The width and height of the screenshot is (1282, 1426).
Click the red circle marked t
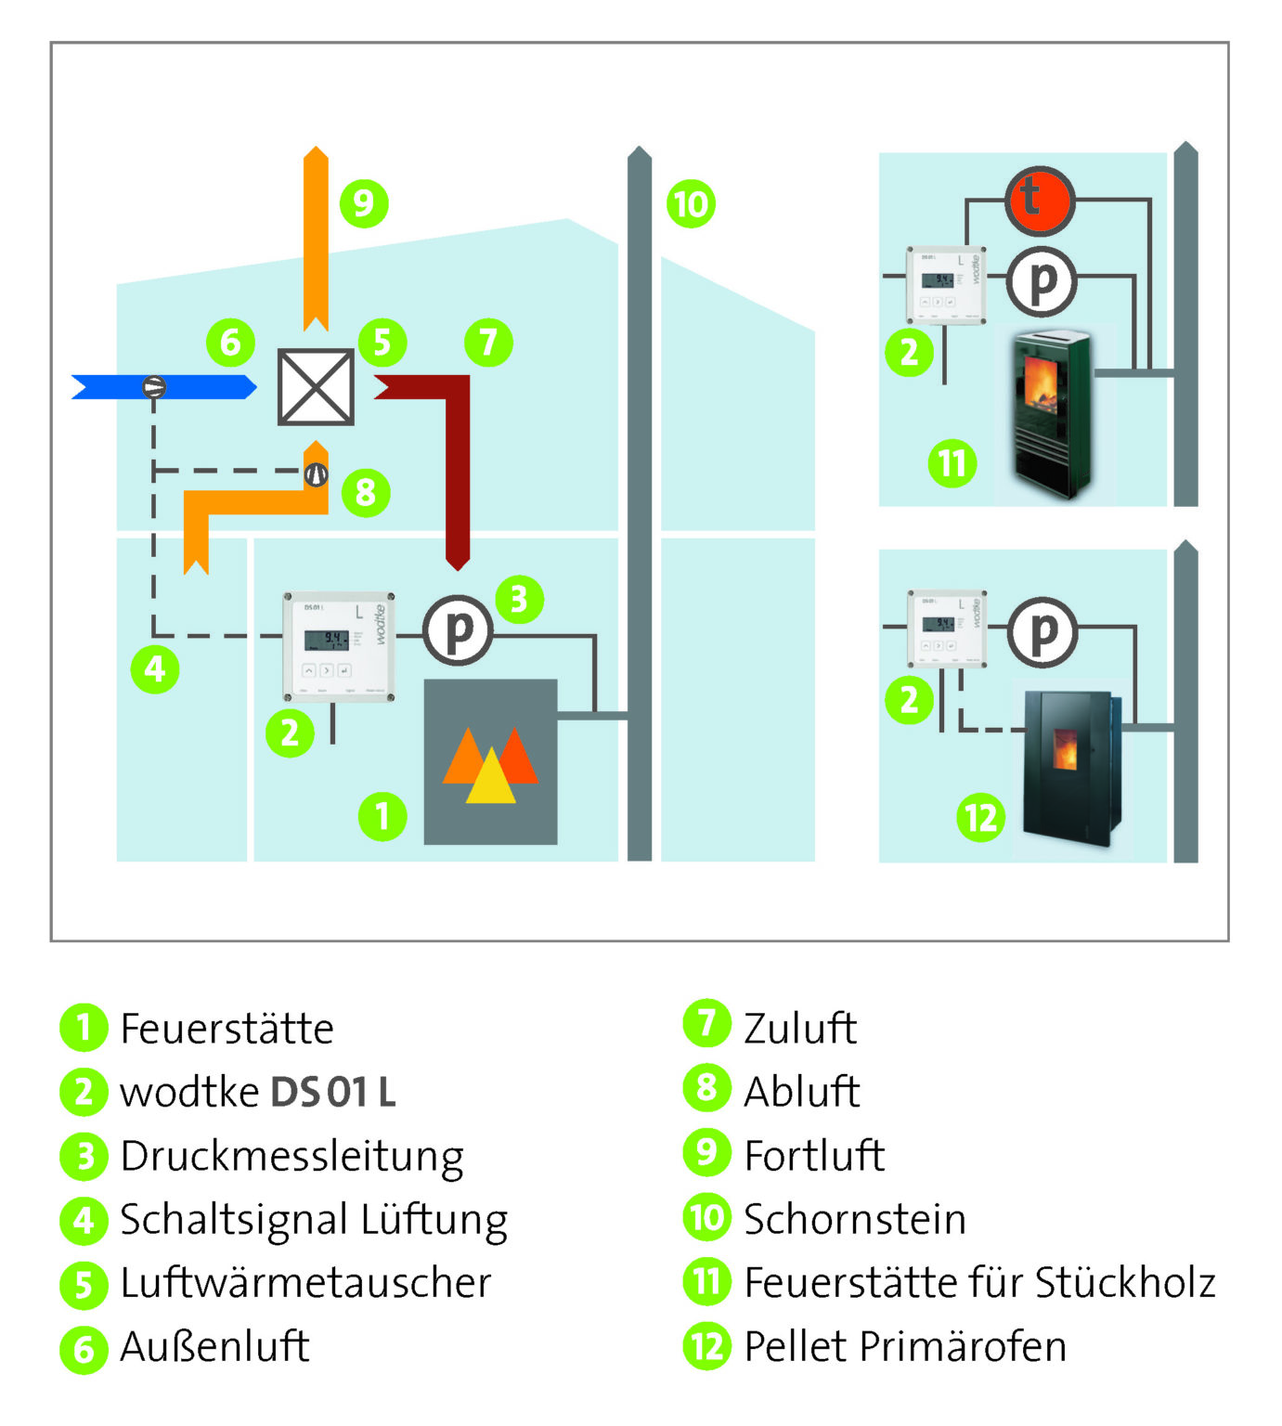point(1039,200)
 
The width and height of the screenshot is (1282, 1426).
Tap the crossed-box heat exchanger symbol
point(316,386)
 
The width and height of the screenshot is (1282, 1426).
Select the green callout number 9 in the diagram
point(363,203)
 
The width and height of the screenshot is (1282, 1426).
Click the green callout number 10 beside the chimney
point(691,203)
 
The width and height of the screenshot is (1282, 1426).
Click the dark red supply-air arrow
point(455,446)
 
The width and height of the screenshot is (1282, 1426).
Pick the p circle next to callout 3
point(458,630)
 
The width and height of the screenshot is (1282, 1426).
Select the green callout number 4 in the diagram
point(155,668)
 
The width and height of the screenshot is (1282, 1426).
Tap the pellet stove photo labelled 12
point(1070,768)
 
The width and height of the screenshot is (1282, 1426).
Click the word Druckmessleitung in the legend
point(291,1157)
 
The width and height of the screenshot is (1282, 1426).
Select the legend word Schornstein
point(854,1220)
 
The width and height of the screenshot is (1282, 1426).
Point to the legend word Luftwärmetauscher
point(305,1283)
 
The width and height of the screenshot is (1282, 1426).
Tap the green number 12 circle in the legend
point(706,1346)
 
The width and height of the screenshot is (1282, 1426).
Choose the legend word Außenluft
point(214,1347)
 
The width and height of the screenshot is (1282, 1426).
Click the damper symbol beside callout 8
point(317,474)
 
